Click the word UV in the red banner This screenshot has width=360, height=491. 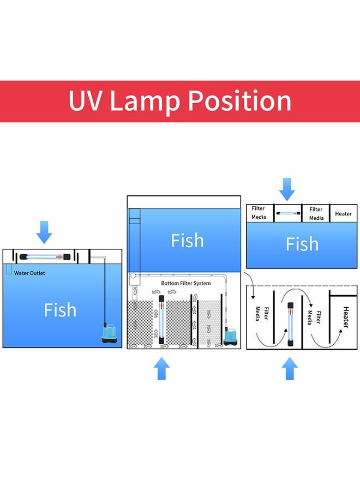(x=85, y=101)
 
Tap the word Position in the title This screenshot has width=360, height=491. (x=240, y=101)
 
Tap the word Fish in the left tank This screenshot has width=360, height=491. (x=60, y=310)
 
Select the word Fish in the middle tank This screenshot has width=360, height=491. (x=187, y=241)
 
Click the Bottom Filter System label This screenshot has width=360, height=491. (x=185, y=284)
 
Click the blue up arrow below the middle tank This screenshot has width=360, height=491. (x=161, y=368)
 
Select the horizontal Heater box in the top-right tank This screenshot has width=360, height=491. (x=343, y=213)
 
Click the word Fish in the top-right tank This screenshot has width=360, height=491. (x=302, y=244)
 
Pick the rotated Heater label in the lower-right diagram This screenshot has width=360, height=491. (x=345, y=318)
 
